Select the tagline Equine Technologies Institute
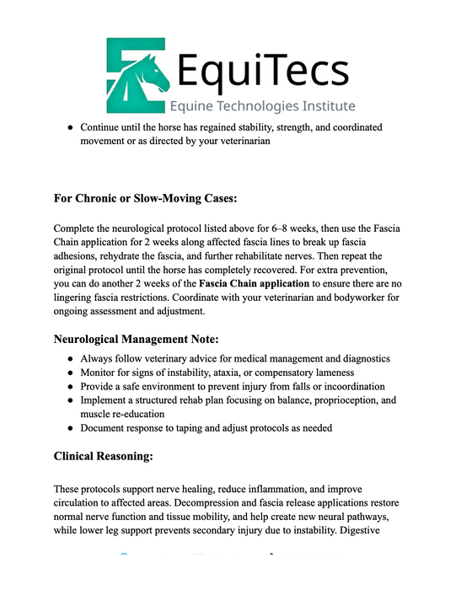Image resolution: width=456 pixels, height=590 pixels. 262,107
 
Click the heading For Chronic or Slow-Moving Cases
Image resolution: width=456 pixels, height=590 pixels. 146,199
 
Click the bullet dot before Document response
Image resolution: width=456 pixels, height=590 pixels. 69,428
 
